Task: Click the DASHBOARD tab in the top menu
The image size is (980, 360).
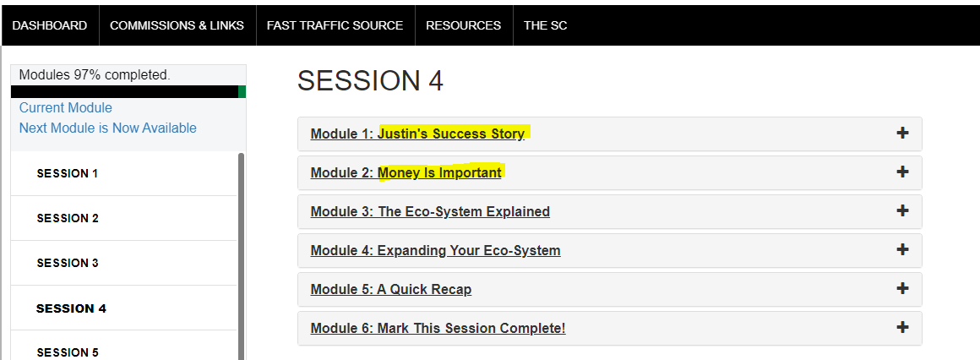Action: tap(50, 25)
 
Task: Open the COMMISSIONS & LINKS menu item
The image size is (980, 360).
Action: tap(177, 25)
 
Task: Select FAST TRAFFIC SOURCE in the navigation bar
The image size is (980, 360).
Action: tap(335, 25)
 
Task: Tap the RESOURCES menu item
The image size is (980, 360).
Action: tap(463, 25)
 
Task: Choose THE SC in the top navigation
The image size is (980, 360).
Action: tap(546, 25)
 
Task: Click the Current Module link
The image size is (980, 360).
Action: tap(66, 107)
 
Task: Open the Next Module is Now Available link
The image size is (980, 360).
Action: tap(108, 128)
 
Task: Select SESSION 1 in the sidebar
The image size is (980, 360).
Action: tap(68, 174)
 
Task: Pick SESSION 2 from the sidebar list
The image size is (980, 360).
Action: tap(68, 218)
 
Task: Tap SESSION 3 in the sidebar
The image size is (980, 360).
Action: tap(68, 263)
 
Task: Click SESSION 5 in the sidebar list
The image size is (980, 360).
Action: tap(68, 352)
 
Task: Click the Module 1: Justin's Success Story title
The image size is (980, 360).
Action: tap(417, 134)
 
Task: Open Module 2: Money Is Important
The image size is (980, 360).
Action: tap(406, 172)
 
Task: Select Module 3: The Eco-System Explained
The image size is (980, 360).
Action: tap(430, 212)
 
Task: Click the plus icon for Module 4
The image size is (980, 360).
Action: tap(902, 249)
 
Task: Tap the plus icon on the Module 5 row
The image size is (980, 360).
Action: tap(902, 288)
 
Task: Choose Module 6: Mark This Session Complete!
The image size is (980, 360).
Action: tap(438, 328)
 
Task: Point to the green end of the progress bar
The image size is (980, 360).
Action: tap(242, 92)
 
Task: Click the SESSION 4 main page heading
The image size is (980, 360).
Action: tap(370, 81)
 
